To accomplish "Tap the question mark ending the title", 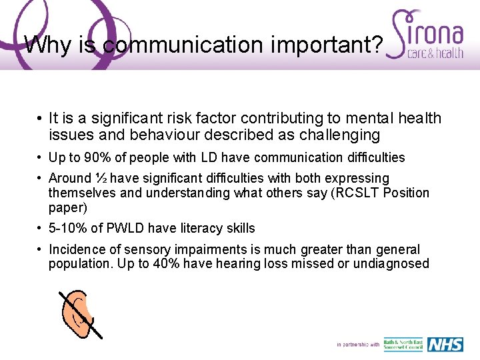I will [377, 45].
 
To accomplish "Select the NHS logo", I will [445, 344].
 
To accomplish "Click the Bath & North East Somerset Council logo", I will [403, 345].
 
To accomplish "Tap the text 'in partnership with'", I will [358, 345].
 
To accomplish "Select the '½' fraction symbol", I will [101, 179].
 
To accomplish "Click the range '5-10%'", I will [67, 229].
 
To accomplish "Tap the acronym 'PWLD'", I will [126, 229].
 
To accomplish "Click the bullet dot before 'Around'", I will [41, 179].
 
